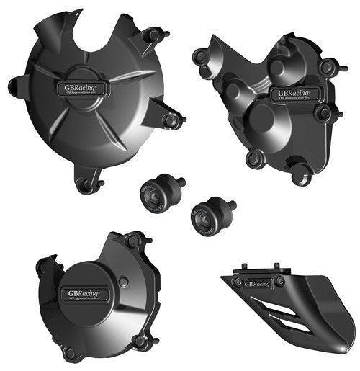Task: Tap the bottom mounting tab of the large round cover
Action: [x=85, y=186]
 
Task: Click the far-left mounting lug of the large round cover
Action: [x=15, y=87]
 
